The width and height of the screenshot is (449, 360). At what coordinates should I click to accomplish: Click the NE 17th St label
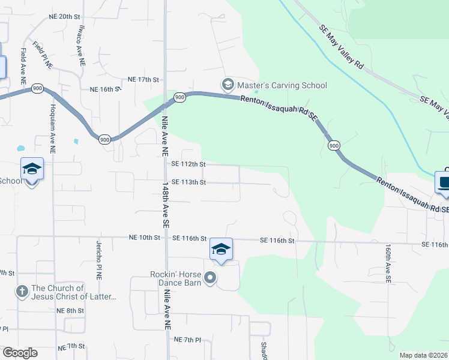coord(143,79)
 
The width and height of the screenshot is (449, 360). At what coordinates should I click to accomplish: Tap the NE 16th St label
coord(105,89)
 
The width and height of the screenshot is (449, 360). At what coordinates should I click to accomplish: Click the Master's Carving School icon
coord(228,85)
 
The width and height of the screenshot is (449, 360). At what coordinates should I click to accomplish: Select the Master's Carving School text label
coord(282,85)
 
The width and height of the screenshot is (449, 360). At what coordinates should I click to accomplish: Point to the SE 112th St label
coord(188,164)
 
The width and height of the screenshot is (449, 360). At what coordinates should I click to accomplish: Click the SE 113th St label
coord(188,182)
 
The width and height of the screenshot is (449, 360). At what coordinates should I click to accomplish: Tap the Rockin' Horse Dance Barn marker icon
coord(210,278)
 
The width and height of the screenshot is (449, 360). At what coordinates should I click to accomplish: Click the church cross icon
coord(22,292)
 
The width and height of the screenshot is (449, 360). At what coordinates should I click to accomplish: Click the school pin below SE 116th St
coord(220,250)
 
